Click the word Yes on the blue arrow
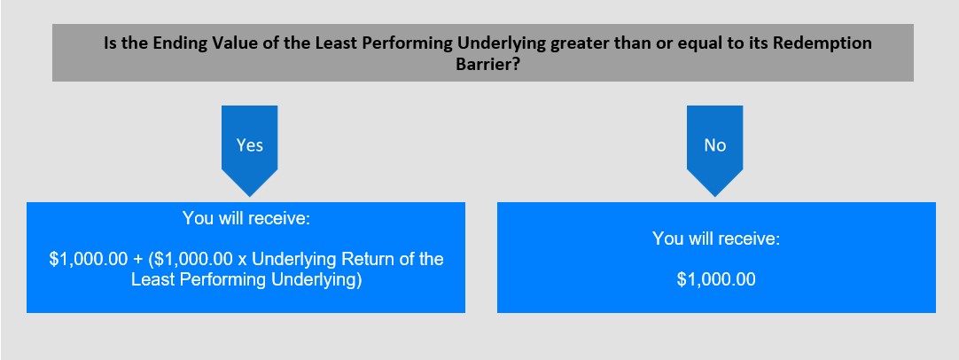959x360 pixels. click(x=250, y=145)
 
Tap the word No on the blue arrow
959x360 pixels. click(x=715, y=145)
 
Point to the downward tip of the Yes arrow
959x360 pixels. click(x=250, y=197)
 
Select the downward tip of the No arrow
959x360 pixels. click(x=715, y=197)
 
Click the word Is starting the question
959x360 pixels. click(x=110, y=44)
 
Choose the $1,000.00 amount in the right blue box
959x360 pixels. click(x=716, y=280)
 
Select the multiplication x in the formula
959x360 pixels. click(x=242, y=260)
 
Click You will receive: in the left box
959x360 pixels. click(x=246, y=218)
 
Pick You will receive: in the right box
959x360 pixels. click(x=716, y=239)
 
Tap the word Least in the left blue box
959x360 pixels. click(x=150, y=280)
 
